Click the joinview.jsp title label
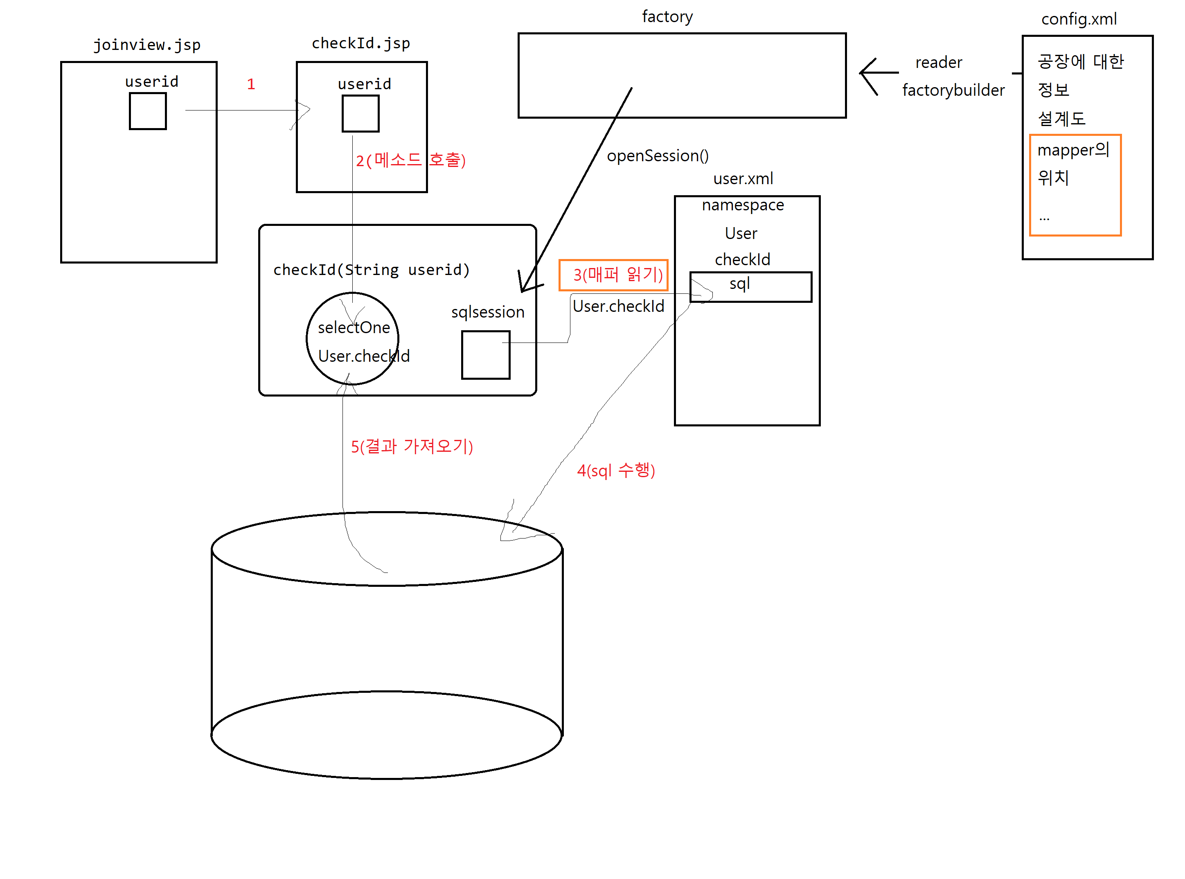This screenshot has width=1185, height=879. point(147,45)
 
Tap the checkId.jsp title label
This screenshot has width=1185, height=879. point(361,43)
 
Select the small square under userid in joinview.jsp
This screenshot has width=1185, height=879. point(148,111)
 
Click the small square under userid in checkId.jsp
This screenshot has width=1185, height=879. point(360,113)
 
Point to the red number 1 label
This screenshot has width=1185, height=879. point(250,84)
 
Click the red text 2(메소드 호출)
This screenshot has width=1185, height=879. point(410,160)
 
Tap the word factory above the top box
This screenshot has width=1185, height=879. point(667,16)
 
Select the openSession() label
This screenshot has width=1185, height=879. point(658,156)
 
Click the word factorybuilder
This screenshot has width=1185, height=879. point(953,90)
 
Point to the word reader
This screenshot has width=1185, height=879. point(939,62)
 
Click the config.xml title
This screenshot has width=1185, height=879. point(1079,19)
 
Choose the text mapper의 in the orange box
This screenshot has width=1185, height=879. point(1073,150)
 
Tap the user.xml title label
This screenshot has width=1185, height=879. point(743,178)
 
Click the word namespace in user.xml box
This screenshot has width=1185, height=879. point(743,205)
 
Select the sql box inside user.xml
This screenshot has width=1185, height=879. point(750,287)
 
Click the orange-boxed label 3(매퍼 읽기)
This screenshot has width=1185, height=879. point(613,275)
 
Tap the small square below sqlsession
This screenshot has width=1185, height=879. point(485,355)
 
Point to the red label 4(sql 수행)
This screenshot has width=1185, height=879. point(616,470)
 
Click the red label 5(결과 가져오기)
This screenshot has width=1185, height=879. point(411,446)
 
